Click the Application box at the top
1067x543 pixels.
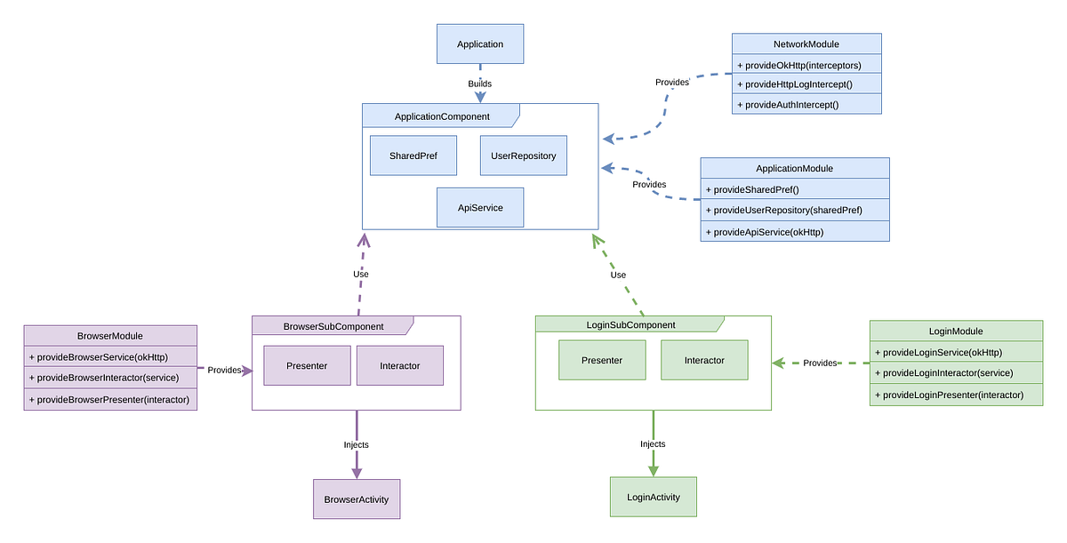[x=480, y=44]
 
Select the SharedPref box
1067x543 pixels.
[x=413, y=156]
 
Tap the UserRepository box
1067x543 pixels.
[x=523, y=156]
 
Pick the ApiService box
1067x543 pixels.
[x=480, y=207]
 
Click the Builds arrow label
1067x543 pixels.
[x=480, y=84]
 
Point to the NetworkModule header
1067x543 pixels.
[x=806, y=44]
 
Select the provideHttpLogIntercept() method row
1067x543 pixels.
[x=806, y=84]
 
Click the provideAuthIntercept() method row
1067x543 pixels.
[x=806, y=104]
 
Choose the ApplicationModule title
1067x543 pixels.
[x=794, y=168]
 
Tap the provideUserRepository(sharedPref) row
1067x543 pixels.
[x=794, y=210]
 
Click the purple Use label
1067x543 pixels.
[x=360, y=274]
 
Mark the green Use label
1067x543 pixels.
[x=618, y=275]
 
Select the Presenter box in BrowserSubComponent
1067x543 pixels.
[x=307, y=365]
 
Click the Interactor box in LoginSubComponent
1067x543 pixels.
[x=704, y=360]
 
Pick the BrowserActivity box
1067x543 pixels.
[x=357, y=499]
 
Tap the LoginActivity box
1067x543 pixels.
[x=654, y=497]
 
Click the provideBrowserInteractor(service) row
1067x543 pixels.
[x=110, y=377]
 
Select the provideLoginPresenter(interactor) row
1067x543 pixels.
[x=955, y=395]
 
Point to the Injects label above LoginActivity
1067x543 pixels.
[x=653, y=443]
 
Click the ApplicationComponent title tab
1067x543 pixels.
[x=442, y=116]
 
